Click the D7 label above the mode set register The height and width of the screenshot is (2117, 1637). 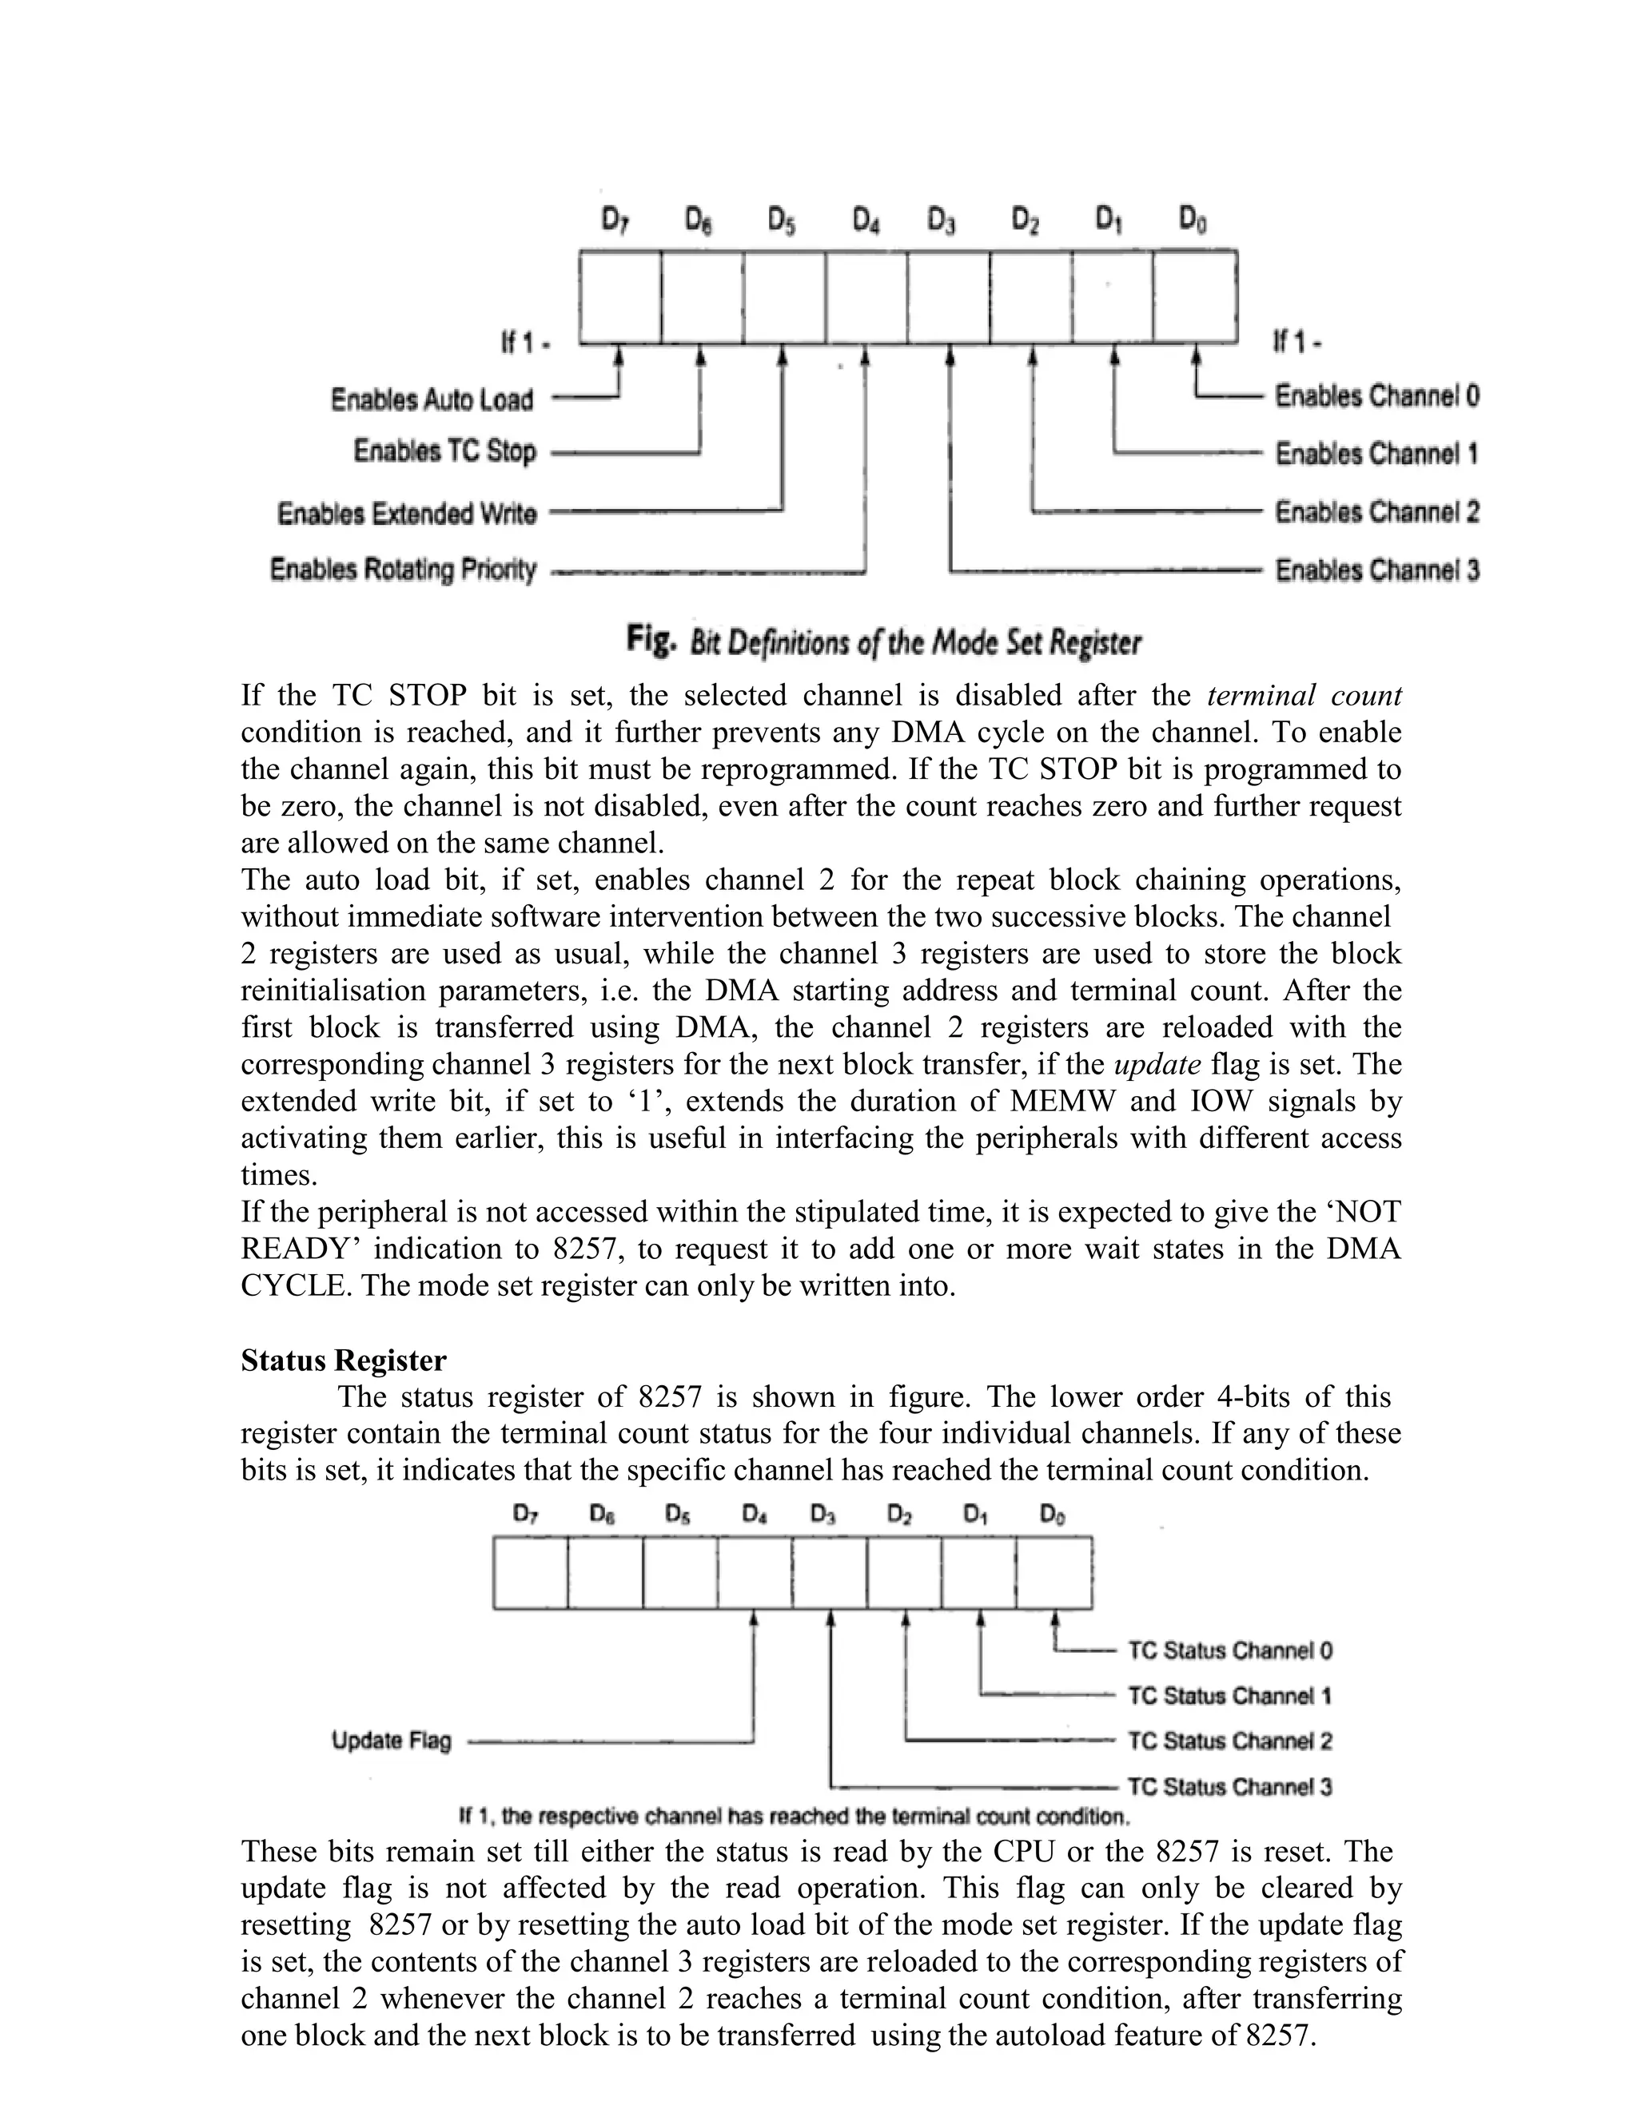tap(615, 222)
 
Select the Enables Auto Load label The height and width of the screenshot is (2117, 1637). tap(432, 399)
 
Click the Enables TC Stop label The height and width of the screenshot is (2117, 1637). tap(444, 451)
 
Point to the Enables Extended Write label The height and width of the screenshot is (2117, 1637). tap(406, 513)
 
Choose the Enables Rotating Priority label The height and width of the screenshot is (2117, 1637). tap(403, 570)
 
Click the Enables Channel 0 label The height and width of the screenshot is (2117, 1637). tap(1376, 395)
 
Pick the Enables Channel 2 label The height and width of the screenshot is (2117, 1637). tap(1376, 512)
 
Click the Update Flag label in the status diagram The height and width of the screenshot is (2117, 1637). tap(392, 1741)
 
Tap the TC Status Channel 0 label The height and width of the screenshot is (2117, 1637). tap(1229, 1650)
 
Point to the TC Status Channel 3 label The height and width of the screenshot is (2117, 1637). tap(1229, 1786)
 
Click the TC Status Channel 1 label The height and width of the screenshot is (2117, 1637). tap(1229, 1696)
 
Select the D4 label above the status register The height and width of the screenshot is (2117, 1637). tap(755, 1514)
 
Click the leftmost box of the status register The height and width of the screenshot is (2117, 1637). tap(531, 1572)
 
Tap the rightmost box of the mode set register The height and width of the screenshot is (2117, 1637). tap(1195, 296)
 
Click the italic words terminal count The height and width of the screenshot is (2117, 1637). tap(1304, 695)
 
